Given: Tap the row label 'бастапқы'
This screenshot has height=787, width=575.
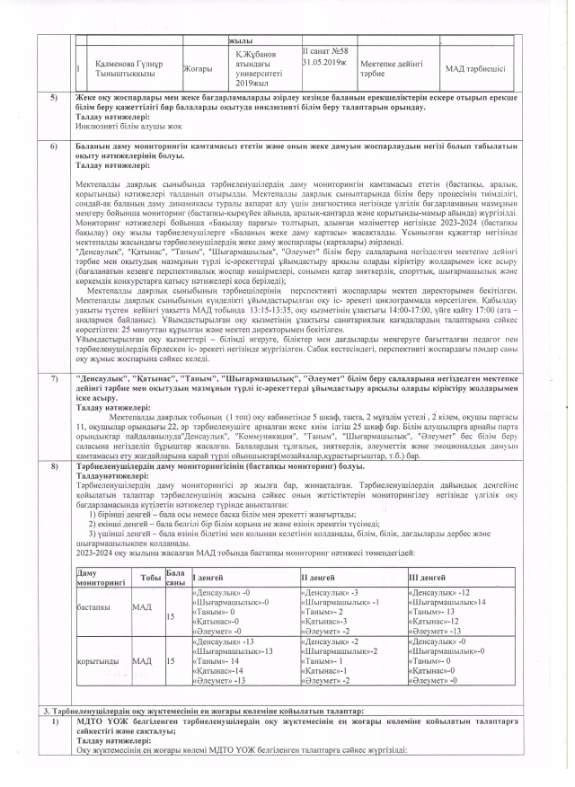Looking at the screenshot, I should (x=94, y=608).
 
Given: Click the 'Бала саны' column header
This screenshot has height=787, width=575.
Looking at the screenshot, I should (x=176, y=578).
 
